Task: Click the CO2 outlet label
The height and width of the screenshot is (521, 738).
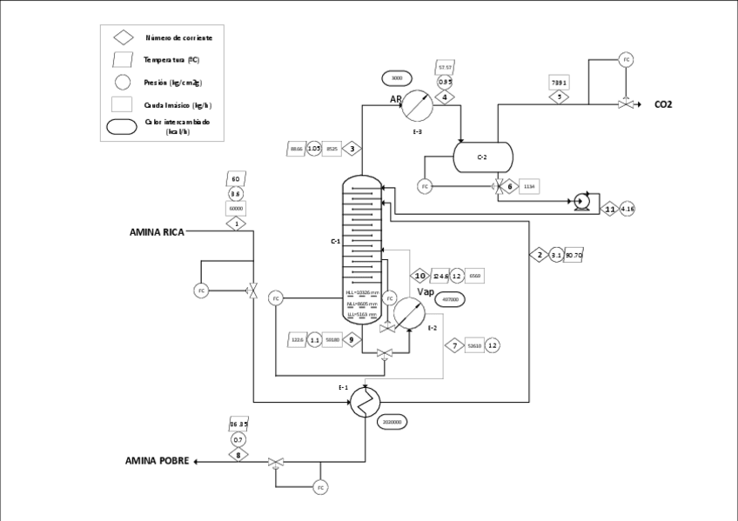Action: (x=664, y=104)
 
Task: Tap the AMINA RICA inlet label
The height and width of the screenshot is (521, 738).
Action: (x=157, y=232)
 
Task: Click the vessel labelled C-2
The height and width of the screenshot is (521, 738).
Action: (x=483, y=157)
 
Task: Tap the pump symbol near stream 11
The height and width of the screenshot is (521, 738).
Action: (x=581, y=204)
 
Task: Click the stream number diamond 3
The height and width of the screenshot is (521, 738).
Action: (x=352, y=149)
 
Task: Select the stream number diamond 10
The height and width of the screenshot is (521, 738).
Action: (x=419, y=276)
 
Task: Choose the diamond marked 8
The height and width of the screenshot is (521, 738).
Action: (x=238, y=455)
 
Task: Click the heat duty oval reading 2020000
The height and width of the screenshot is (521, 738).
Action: (x=392, y=422)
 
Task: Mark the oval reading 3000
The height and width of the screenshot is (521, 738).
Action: (x=397, y=78)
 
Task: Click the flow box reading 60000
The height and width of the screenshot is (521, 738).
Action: (x=236, y=209)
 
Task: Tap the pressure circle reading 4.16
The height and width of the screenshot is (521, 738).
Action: (x=627, y=209)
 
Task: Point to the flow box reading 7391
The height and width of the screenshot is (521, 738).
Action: (x=560, y=83)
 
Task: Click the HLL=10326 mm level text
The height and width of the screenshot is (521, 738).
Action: (x=362, y=292)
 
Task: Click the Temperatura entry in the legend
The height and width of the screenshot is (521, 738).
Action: (x=171, y=60)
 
